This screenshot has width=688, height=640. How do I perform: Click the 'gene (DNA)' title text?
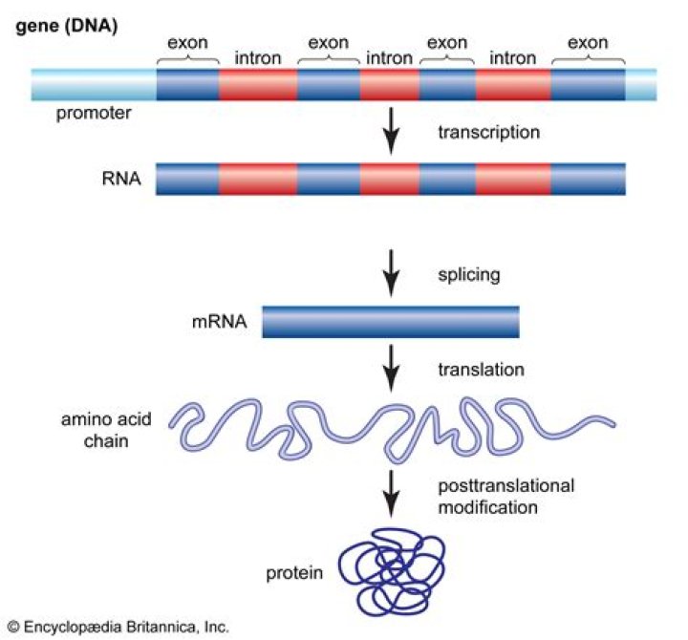[64, 26]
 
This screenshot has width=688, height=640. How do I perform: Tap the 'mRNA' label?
[221, 321]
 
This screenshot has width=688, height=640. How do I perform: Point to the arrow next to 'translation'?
[390, 367]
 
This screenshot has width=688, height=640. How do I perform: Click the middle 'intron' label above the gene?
[388, 59]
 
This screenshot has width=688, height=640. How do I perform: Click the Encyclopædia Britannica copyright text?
[117, 628]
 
